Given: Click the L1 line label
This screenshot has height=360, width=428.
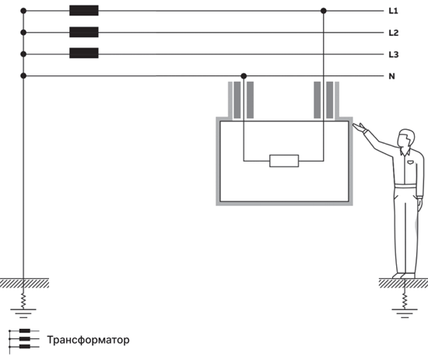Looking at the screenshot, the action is [x=393, y=11].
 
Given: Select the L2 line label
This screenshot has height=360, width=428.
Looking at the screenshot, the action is [x=394, y=33].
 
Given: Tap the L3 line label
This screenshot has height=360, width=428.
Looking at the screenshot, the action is [x=394, y=54].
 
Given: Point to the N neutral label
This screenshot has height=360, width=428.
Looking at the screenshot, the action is [x=391, y=76].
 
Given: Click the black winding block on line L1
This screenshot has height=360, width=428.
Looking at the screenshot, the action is [x=84, y=10].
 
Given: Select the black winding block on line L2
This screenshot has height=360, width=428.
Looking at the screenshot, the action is [x=84, y=32].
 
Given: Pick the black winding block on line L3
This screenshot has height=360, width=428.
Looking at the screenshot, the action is [x=84, y=53].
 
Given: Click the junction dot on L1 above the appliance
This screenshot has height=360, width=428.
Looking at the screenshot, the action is [x=324, y=11].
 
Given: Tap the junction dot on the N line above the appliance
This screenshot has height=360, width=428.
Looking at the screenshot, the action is [x=244, y=76].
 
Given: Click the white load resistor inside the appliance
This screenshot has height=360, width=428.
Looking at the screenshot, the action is [x=284, y=161].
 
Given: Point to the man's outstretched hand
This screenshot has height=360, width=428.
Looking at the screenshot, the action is [x=360, y=127].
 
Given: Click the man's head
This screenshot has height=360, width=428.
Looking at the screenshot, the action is [x=406, y=138].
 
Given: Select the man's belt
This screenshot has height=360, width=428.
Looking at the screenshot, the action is [x=405, y=186].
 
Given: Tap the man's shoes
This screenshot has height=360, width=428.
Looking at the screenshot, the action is [x=404, y=275].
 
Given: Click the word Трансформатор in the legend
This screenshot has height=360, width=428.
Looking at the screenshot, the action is [x=89, y=340].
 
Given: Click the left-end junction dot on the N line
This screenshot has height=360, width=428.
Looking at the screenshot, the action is [x=23, y=76].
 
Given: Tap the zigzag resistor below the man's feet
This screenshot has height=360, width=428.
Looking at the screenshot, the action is [x=405, y=301].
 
